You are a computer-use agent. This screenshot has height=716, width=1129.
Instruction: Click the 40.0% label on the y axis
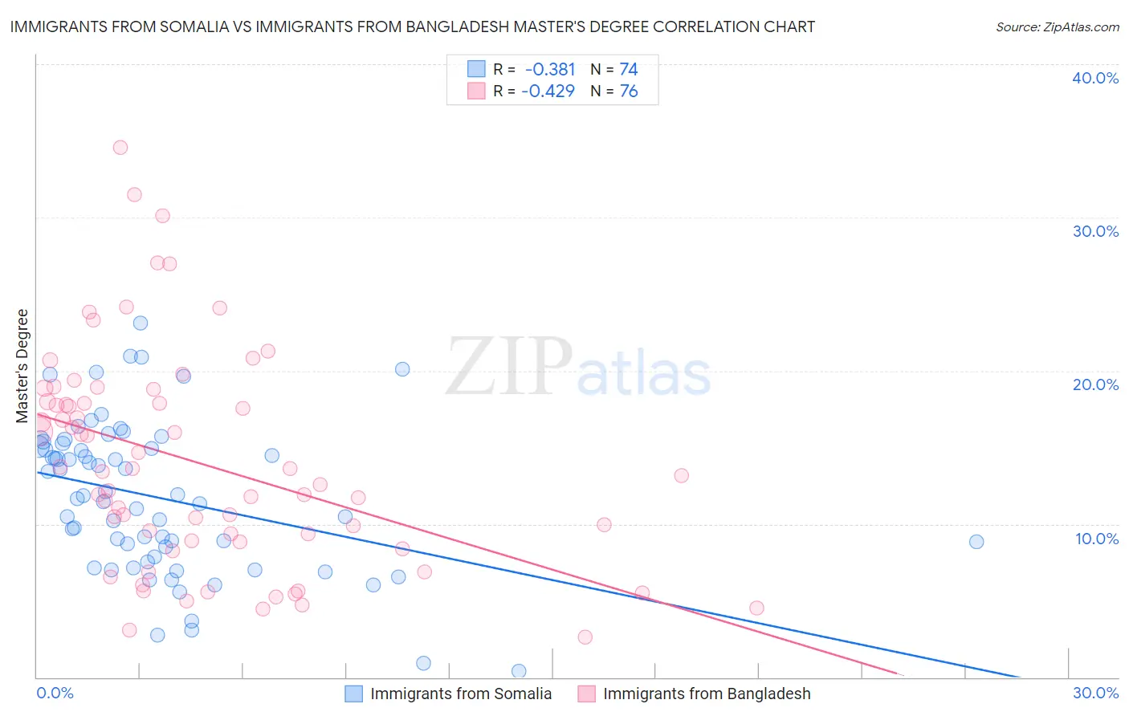click(x=1095, y=78)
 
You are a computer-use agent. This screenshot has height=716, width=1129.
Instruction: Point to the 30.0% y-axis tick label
click(x=1095, y=231)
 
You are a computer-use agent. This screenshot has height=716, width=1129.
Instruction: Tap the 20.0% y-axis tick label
click(x=1095, y=384)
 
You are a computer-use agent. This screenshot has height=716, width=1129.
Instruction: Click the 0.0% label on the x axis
click(x=55, y=693)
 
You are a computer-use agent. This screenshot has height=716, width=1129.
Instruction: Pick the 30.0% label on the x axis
click(x=1095, y=693)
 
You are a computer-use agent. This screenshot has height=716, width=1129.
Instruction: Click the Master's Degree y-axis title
click(x=22, y=366)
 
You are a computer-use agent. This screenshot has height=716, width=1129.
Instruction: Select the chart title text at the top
click(x=412, y=26)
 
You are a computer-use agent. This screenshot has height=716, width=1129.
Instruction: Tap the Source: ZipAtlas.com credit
click(x=1057, y=26)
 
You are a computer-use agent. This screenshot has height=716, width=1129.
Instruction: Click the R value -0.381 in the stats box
click(x=549, y=69)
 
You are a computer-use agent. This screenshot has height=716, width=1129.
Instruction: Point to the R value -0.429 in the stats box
click(x=548, y=91)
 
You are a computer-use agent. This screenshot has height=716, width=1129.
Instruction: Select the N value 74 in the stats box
click(x=628, y=69)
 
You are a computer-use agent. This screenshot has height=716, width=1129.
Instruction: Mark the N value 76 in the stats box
click(x=628, y=91)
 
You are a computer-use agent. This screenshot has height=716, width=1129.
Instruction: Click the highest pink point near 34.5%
click(x=120, y=147)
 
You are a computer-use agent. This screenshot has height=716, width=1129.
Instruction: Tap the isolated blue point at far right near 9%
click(x=976, y=542)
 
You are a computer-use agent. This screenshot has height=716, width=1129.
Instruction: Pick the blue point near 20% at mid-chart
click(x=402, y=369)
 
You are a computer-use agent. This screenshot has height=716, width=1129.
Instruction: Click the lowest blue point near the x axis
click(x=519, y=670)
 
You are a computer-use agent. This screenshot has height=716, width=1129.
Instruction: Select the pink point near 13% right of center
click(x=681, y=475)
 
